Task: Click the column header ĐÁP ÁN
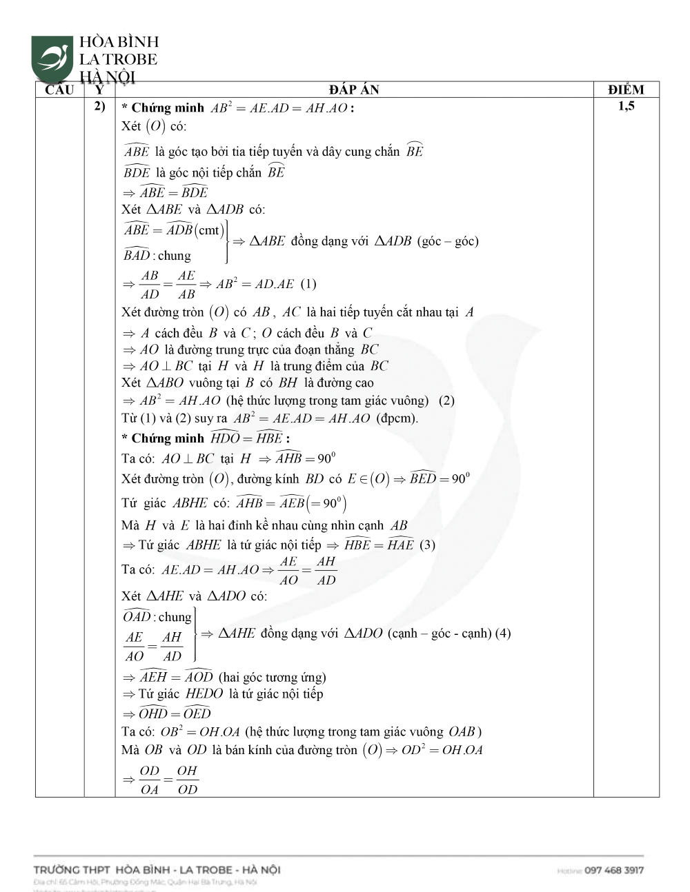click(353, 90)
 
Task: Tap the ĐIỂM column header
click(626, 90)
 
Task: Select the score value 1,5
click(626, 106)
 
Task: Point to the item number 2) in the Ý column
click(99, 106)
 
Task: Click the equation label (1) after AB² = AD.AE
click(308, 284)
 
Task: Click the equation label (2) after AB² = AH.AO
click(446, 401)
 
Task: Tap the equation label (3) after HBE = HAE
click(428, 545)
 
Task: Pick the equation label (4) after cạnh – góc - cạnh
click(503, 633)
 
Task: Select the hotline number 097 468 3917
click(613, 870)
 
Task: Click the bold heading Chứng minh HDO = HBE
click(205, 438)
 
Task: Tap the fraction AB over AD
click(149, 284)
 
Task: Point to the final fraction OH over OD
click(187, 780)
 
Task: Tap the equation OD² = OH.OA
click(443, 750)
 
